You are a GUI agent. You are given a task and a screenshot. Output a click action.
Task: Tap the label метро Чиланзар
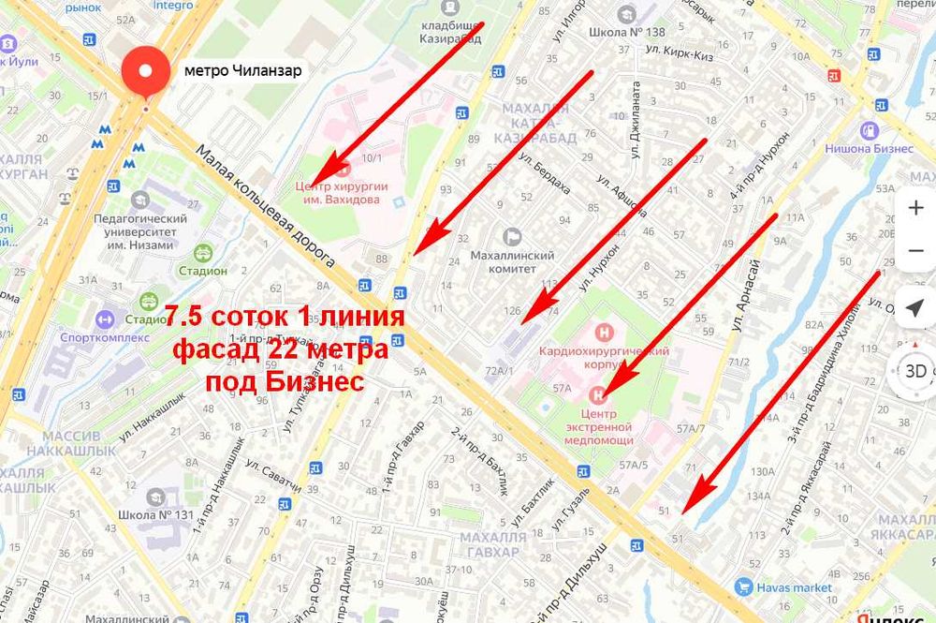pos(242,70)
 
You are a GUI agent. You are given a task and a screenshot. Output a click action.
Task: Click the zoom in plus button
pos(915,208)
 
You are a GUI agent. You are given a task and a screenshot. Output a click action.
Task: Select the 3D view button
pos(915,370)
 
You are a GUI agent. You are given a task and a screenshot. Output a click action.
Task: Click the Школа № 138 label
pos(625,32)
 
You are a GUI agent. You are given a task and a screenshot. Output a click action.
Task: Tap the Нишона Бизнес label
pos(869,147)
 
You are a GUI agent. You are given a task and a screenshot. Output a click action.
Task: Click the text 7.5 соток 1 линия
pos(285,316)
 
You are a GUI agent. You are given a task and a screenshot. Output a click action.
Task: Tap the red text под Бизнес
pos(284,383)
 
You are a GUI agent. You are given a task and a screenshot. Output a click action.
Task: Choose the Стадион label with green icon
pos(203,270)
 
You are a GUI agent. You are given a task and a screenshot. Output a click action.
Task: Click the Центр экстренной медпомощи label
pos(606,426)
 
